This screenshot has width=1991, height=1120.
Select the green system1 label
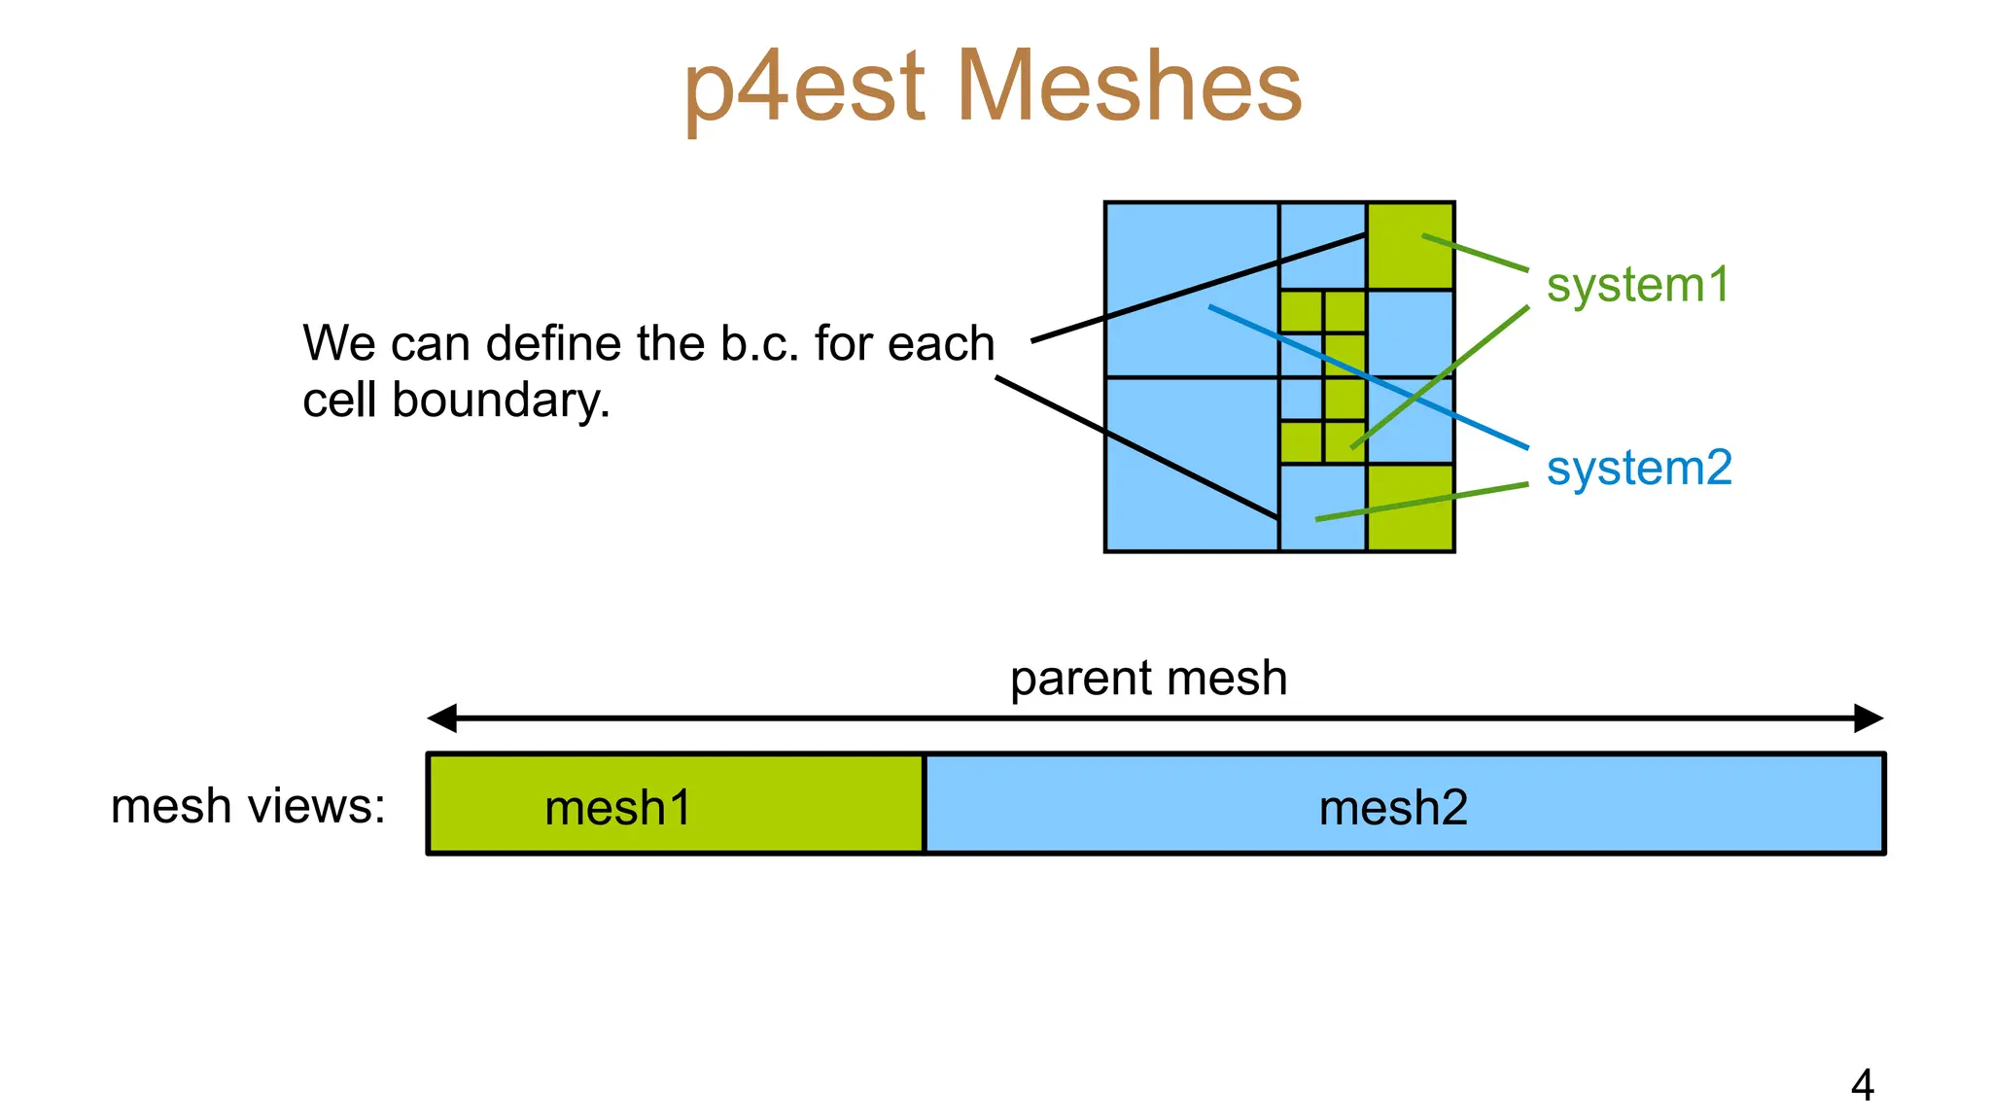(x=1638, y=285)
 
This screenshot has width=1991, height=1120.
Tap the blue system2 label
(x=1639, y=468)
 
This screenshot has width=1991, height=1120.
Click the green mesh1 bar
(x=676, y=804)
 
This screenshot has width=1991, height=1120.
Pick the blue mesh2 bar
(x=1403, y=804)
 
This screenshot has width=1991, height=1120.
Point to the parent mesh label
(x=1148, y=678)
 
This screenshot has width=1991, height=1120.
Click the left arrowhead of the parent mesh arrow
(x=442, y=718)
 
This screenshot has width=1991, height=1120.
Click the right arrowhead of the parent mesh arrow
(x=1869, y=718)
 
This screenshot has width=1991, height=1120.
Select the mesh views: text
(x=248, y=806)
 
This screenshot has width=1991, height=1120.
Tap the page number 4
(x=1862, y=1085)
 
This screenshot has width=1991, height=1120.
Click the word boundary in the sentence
(x=501, y=401)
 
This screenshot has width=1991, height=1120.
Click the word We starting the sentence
(x=338, y=343)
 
